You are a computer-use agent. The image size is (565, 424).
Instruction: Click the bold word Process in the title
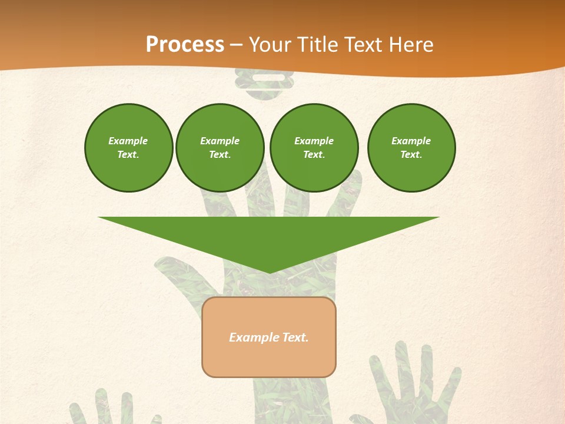(x=185, y=44)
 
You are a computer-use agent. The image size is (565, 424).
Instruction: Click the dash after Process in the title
(x=237, y=45)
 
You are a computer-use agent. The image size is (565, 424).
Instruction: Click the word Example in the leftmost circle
(x=128, y=141)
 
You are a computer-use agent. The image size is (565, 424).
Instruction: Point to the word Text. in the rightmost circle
(x=411, y=154)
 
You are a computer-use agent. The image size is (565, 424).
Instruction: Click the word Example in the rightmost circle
(x=411, y=141)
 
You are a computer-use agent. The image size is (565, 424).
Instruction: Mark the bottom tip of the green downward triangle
(x=269, y=272)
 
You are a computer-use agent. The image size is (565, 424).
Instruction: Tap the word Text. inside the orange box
(x=296, y=337)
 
